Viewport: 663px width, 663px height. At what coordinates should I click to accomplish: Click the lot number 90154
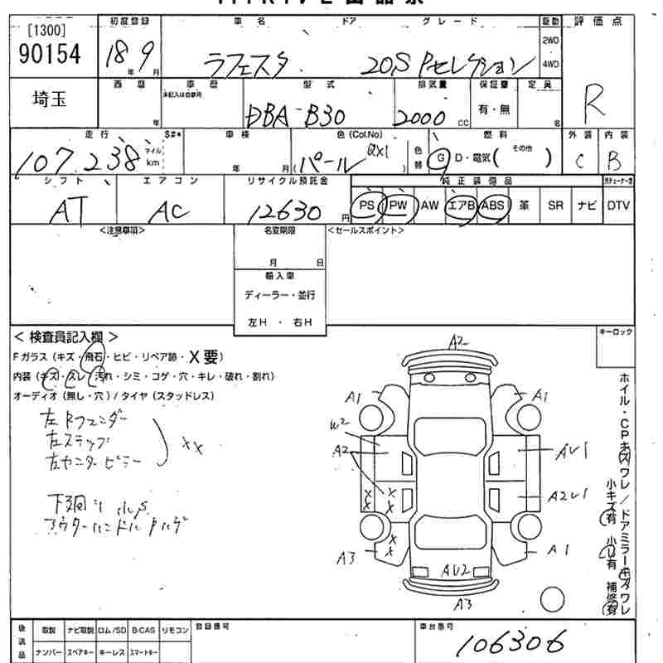click(x=49, y=55)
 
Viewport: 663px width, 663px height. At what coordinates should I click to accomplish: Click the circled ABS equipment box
click(x=493, y=205)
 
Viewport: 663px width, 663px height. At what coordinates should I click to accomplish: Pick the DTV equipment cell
click(x=617, y=205)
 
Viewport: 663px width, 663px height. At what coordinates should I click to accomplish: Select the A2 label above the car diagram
click(x=457, y=340)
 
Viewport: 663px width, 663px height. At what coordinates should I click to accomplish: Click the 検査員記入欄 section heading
click(x=66, y=337)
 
